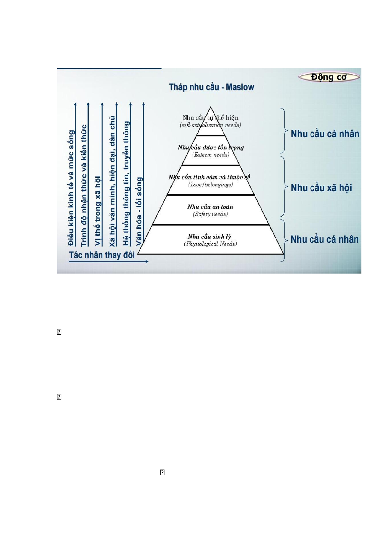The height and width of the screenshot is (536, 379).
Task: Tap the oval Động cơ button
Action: tap(329, 77)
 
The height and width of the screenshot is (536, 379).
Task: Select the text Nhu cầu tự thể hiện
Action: tap(210, 118)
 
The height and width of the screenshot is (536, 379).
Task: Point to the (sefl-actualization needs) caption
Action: tap(210, 125)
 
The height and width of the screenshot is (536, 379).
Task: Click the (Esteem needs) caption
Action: tap(210, 155)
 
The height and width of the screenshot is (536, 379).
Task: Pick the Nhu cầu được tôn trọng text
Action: tap(210, 147)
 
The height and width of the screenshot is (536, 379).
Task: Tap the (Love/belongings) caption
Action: tap(210, 184)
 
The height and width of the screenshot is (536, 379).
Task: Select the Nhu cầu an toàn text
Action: tap(210, 207)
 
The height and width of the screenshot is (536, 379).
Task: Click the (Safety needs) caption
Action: tap(210, 214)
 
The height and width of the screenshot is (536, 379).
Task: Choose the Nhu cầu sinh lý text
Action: tap(209, 236)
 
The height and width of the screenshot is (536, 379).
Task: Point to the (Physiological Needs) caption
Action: tap(210, 244)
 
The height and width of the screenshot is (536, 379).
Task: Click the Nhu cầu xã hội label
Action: tap(321, 188)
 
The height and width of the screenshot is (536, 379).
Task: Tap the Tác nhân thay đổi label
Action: tap(102, 255)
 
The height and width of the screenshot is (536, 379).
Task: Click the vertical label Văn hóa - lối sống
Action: tap(139, 211)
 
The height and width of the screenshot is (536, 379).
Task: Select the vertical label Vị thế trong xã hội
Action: tap(98, 211)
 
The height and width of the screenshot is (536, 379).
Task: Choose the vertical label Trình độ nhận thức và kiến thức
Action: tap(84, 185)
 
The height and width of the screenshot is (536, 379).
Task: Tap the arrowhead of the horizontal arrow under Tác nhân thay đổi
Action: tap(147, 261)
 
